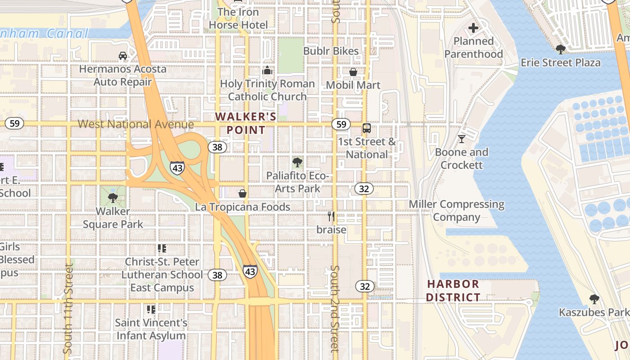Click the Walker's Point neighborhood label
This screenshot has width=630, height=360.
[246, 123]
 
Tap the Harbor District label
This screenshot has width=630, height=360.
[453, 291]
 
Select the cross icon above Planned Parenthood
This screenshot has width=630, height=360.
[473, 28]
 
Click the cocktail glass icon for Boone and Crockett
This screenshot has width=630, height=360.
[461, 139]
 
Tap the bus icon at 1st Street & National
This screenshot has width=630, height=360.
[367, 129]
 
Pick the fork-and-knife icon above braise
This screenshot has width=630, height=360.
[331, 216]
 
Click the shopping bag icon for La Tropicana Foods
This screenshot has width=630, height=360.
[243, 193]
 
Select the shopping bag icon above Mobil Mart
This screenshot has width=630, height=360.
[353, 72]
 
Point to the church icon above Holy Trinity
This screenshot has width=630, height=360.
[267, 71]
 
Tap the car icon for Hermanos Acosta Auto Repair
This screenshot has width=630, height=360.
[122, 56]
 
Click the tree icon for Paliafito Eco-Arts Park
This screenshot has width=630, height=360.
[297, 162]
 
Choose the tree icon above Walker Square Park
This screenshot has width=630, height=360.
[112, 198]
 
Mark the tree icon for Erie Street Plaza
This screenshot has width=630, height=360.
[560, 49]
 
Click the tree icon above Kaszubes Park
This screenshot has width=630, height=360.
[594, 299]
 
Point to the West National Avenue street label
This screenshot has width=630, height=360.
[136, 124]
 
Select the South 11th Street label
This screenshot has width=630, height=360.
[68, 308]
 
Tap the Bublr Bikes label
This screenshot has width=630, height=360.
[331, 51]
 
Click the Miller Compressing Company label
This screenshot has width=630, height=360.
[457, 211]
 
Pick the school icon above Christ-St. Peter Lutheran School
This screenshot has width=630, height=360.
[162, 248]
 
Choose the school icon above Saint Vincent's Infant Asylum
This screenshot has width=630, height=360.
[151, 310]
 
